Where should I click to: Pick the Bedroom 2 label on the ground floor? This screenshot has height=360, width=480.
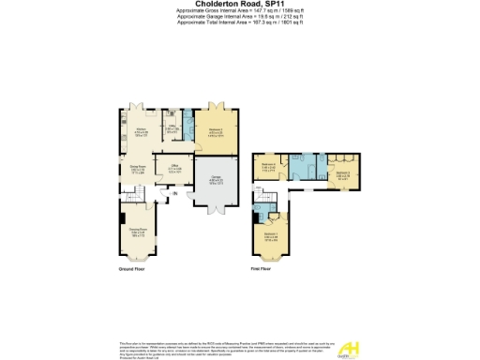[x=214, y=131]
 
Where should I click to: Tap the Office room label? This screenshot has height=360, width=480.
[x=173, y=169]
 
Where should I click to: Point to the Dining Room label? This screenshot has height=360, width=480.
[x=136, y=170]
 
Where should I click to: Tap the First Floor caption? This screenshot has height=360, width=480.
[x=262, y=269]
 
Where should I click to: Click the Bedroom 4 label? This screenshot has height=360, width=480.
[x=269, y=167]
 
